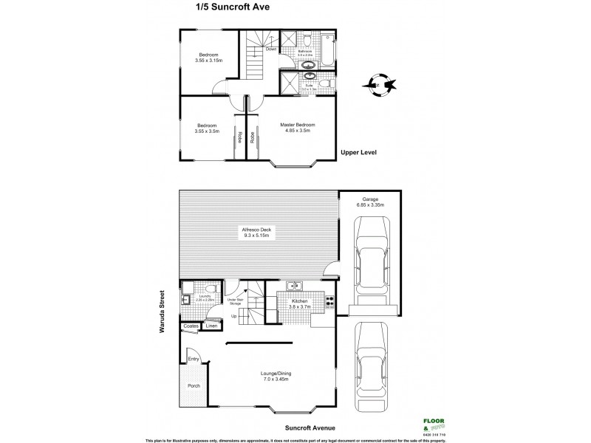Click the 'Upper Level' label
point(359,154)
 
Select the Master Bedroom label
point(297,126)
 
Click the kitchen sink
point(296,286)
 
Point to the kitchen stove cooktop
point(329,301)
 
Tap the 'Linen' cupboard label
point(211,326)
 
